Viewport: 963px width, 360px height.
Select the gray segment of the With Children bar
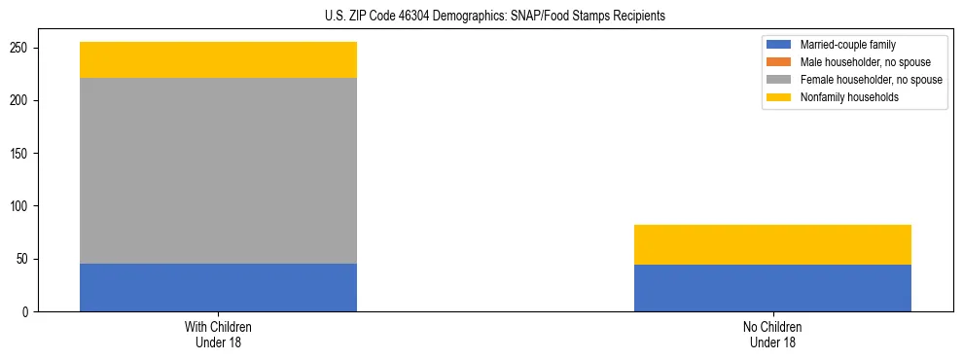(218, 170)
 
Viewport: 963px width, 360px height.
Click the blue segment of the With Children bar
(218, 287)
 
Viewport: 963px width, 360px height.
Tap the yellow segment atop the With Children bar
(218, 60)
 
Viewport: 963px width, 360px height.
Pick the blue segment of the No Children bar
(772, 288)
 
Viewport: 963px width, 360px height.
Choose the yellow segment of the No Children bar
(772, 244)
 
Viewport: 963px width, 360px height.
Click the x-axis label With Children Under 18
(218, 334)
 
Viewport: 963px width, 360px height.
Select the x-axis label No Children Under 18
(772, 334)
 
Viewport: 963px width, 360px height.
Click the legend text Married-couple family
(847, 45)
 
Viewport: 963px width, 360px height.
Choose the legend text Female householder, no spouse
(871, 80)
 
